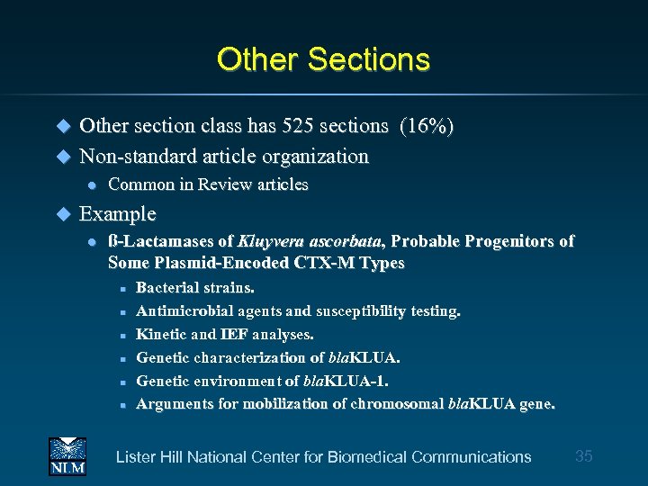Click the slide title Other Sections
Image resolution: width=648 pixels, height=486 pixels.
point(323,59)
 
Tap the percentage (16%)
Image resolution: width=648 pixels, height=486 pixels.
point(427,126)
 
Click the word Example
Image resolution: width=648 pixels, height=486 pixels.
point(117,214)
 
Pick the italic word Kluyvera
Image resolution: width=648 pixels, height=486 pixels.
point(271,242)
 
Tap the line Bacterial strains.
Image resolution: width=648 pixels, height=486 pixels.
point(194,288)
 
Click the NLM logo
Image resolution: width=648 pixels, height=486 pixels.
point(67,455)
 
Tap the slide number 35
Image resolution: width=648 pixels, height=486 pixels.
point(583,456)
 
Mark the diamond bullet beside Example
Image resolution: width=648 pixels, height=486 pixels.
point(63,215)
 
